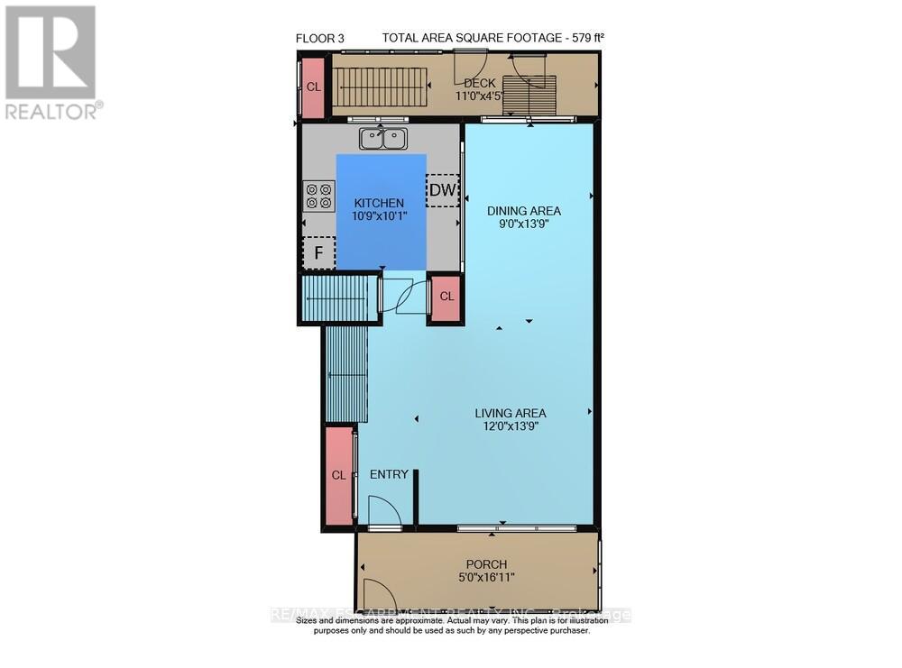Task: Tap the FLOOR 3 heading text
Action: tap(319, 38)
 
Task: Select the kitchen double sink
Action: tap(383, 139)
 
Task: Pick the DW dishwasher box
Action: tap(442, 190)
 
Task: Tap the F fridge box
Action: tap(318, 253)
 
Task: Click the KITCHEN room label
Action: tap(379, 203)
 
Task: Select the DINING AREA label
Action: tap(518, 211)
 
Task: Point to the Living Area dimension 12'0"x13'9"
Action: tap(511, 427)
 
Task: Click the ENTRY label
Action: tap(389, 474)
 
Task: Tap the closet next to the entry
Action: tap(339, 475)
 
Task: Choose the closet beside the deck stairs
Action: tap(313, 87)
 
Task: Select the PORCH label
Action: tap(486, 564)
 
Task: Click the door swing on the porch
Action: tap(377, 596)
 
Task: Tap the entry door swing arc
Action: tap(386, 513)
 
